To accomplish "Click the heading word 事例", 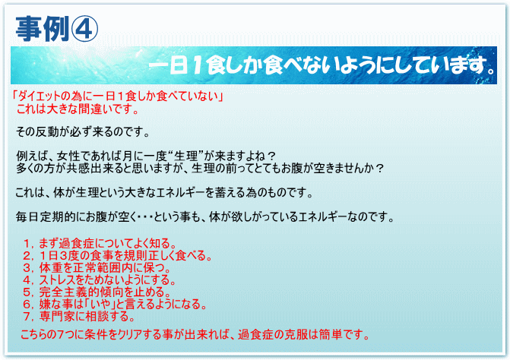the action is (43, 30).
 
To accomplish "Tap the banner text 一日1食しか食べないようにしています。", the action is (323, 65).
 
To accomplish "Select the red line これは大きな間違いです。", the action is (78, 109).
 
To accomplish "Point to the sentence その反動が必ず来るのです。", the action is (83, 132).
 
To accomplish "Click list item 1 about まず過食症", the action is (100, 243).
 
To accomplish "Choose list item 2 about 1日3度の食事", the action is (117, 255).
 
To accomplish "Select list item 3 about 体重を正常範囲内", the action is (97, 268).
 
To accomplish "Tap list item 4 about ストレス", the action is (100, 279).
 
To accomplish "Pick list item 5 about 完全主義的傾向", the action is (97, 292).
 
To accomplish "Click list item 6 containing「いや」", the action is (115, 304).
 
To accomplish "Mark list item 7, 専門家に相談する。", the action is (79, 316).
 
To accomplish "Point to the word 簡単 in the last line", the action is (331, 334).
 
